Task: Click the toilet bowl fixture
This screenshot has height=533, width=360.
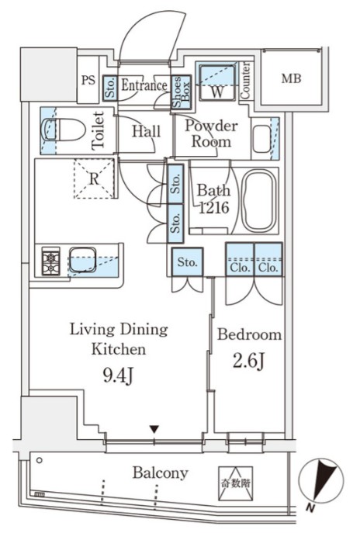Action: (x=63, y=130)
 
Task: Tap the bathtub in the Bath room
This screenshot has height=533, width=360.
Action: (x=259, y=201)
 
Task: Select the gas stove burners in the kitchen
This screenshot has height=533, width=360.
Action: (x=50, y=261)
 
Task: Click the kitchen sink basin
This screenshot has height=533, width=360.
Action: (x=82, y=260)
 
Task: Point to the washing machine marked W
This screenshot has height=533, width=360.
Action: (x=217, y=82)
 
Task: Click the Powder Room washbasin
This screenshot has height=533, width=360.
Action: (x=261, y=139)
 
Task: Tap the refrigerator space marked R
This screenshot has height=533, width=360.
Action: (x=94, y=178)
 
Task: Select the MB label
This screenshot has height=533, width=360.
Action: (x=291, y=79)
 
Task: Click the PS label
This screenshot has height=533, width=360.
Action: (x=88, y=80)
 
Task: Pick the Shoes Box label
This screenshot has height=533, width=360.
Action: (x=181, y=92)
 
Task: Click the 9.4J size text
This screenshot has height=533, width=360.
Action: (x=118, y=376)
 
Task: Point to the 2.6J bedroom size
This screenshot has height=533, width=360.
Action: (x=248, y=361)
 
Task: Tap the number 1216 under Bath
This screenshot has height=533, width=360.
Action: (x=213, y=208)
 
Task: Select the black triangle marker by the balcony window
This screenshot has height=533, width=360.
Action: (x=154, y=429)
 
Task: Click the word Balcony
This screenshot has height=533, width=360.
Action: (x=160, y=472)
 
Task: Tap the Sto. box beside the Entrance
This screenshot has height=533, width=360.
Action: (x=110, y=88)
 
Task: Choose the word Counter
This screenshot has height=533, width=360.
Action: (x=245, y=81)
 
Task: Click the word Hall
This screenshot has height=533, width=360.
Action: (x=146, y=132)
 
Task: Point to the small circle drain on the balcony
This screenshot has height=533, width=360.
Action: (x=40, y=461)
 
